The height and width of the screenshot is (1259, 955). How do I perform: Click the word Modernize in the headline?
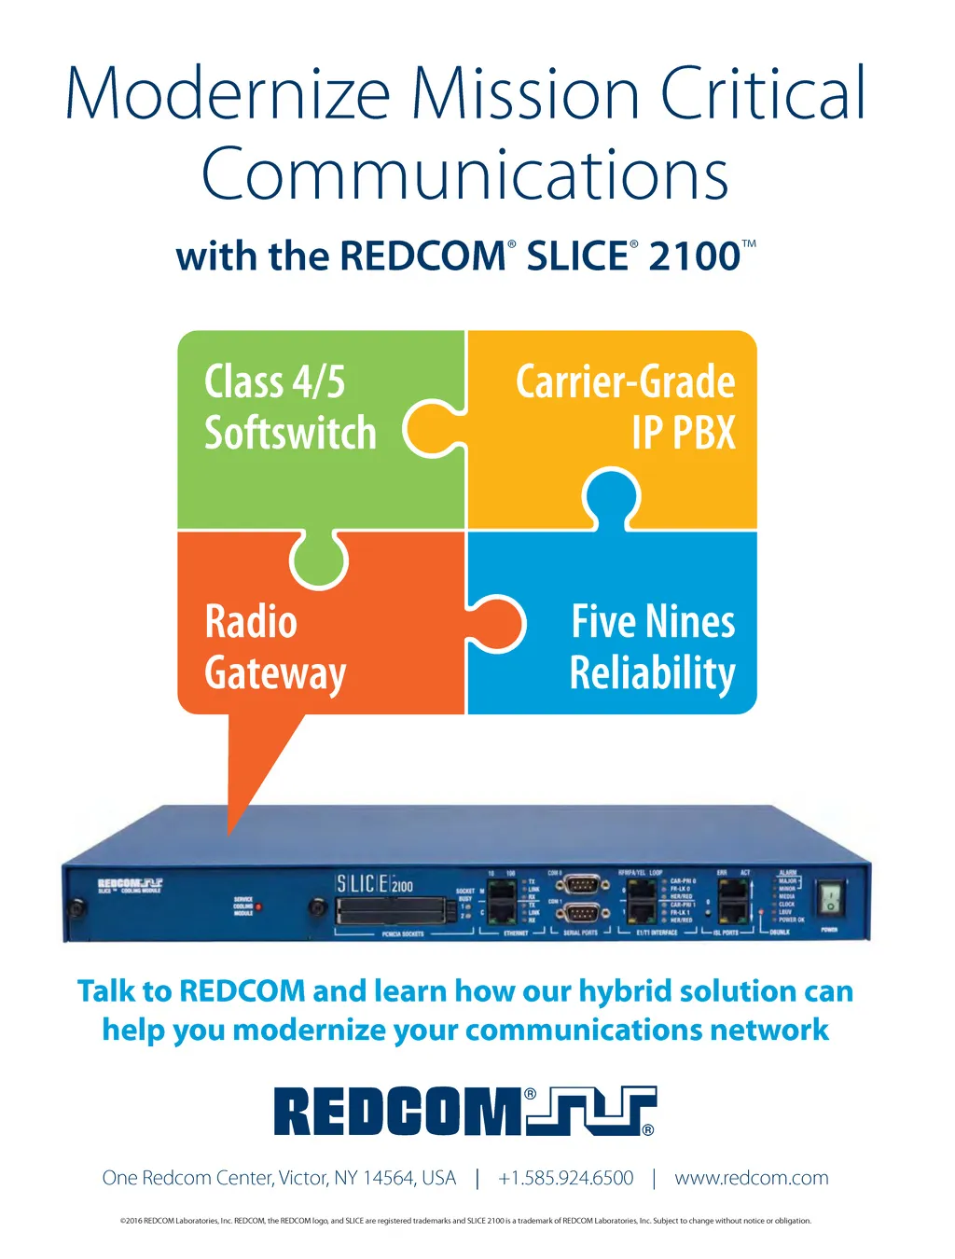coord(228,94)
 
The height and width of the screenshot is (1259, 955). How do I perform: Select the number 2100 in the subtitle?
coord(694,256)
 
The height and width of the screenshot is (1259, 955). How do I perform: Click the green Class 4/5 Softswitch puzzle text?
coord(290,408)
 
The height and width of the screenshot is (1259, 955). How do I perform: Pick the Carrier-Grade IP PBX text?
coord(626,408)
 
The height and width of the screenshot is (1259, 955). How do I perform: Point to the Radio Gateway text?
coord(274,647)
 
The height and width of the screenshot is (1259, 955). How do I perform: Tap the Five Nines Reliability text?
coord(653,647)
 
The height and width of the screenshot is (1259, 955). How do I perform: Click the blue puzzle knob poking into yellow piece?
coord(611,496)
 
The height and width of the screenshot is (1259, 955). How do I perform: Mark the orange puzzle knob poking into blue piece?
coord(500,623)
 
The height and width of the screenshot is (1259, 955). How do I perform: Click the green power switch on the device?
coord(829,899)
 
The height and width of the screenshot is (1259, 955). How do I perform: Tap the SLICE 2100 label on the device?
coord(374,883)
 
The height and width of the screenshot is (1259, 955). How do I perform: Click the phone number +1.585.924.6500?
coord(566,1178)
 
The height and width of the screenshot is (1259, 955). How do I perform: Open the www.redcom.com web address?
coord(751,1178)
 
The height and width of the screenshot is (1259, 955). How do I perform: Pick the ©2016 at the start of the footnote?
coord(131,1221)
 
